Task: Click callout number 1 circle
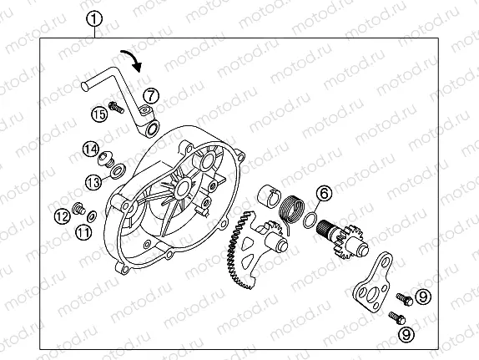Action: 96,18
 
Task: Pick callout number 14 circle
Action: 90,150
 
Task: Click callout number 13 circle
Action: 93,180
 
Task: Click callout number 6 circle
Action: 325,194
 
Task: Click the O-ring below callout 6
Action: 310,221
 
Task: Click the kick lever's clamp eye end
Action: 151,127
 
